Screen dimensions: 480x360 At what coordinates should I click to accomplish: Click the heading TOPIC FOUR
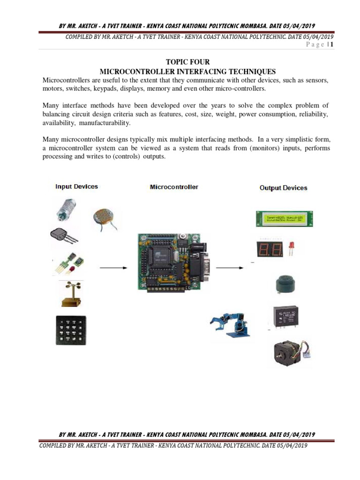187,62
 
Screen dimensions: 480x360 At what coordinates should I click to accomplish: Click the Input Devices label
76,187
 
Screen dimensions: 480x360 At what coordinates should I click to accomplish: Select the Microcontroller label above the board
173,187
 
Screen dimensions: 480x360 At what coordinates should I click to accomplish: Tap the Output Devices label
283,188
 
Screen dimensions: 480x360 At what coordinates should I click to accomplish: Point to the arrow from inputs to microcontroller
113,268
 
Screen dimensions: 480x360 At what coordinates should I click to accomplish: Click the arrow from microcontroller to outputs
230,268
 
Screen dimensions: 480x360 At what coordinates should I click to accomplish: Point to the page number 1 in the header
331,45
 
